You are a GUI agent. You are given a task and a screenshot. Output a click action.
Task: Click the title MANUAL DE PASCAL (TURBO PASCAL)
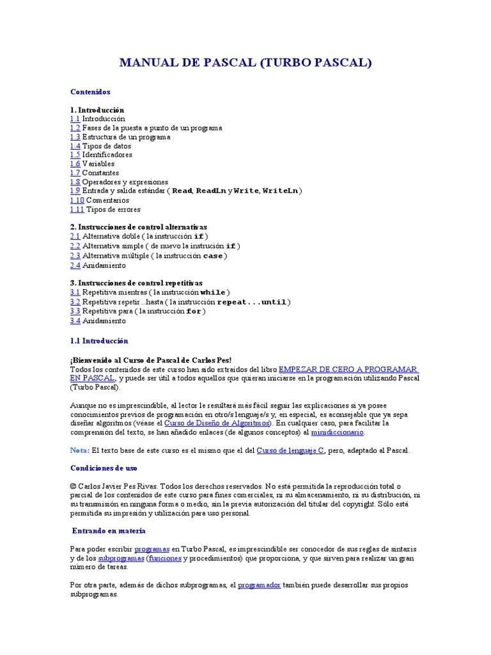click(245, 63)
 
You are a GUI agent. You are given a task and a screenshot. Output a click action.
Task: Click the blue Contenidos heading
click(90, 92)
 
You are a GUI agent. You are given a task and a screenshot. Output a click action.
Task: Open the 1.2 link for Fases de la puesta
click(75, 128)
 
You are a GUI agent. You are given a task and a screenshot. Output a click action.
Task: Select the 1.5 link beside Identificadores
click(75, 155)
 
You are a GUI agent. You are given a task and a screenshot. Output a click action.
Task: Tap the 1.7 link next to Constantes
click(75, 173)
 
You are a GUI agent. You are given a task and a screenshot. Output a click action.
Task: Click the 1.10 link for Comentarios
click(77, 200)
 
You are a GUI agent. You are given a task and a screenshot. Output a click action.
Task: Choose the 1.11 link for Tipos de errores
click(77, 209)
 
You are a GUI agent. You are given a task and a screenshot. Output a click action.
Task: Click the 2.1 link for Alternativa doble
click(75, 236)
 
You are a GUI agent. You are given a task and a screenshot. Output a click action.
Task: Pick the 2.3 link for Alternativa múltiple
click(75, 256)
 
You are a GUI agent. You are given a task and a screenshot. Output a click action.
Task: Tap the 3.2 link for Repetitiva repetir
click(75, 302)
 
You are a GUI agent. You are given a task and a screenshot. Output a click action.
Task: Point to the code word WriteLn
click(280, 191)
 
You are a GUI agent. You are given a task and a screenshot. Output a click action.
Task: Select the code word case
click(213, 256)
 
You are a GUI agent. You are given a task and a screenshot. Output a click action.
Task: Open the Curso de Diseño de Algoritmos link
click(217, 423)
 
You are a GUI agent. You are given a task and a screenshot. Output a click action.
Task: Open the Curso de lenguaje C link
click(290, 450)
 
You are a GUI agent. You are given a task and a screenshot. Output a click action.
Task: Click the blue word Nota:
click(80, 450)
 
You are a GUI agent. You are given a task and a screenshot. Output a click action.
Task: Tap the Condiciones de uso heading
click(104, 468)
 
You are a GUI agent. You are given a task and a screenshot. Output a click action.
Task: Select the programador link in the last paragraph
click(259, 585)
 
